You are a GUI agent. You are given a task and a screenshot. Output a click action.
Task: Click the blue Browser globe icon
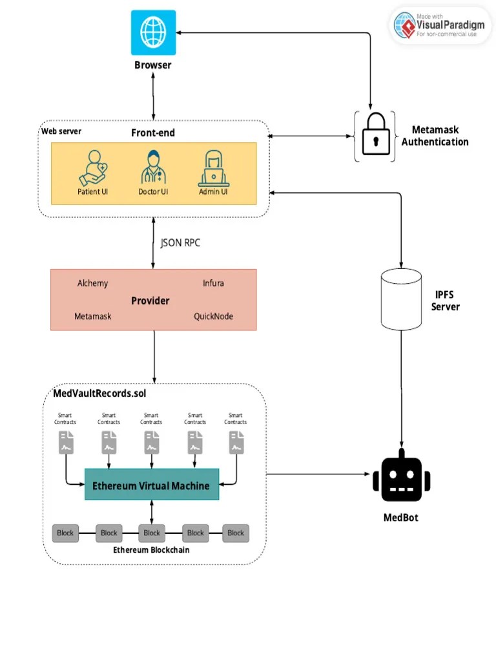[x=153, y=32]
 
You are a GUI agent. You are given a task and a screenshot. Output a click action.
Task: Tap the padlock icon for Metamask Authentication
[x=375, y=136]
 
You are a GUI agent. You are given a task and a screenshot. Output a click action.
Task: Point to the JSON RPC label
[x=180, y=244]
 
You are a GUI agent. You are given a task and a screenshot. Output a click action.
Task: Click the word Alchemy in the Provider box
[x=93, y=283]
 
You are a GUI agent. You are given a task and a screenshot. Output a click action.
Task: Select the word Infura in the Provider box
[x=213, y=283]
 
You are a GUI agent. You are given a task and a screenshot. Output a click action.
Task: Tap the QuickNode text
[x=213, y=316]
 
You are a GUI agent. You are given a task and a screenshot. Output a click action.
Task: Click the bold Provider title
[x=150, y=301]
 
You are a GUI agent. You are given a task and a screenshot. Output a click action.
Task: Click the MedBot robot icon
[x=401, y=477]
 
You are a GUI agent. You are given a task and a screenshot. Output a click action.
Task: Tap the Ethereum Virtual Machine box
[x=152, y=486]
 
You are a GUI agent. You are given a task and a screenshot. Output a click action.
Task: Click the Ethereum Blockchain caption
[x=151, y=550]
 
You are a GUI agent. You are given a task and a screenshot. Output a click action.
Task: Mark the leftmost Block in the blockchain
[x=65, y=533]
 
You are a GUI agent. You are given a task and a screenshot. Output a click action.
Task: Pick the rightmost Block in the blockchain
[x=236, y=533]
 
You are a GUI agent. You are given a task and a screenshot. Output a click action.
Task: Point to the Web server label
[x=61, y=131]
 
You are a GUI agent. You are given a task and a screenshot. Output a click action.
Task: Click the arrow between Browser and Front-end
[x=153, y=94]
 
